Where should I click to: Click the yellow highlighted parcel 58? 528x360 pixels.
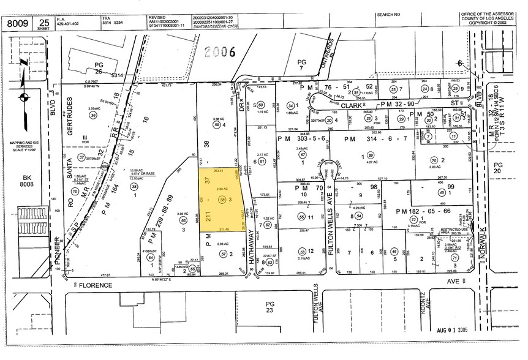pos(222,200)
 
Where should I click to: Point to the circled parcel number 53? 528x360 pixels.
pos(301,251)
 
